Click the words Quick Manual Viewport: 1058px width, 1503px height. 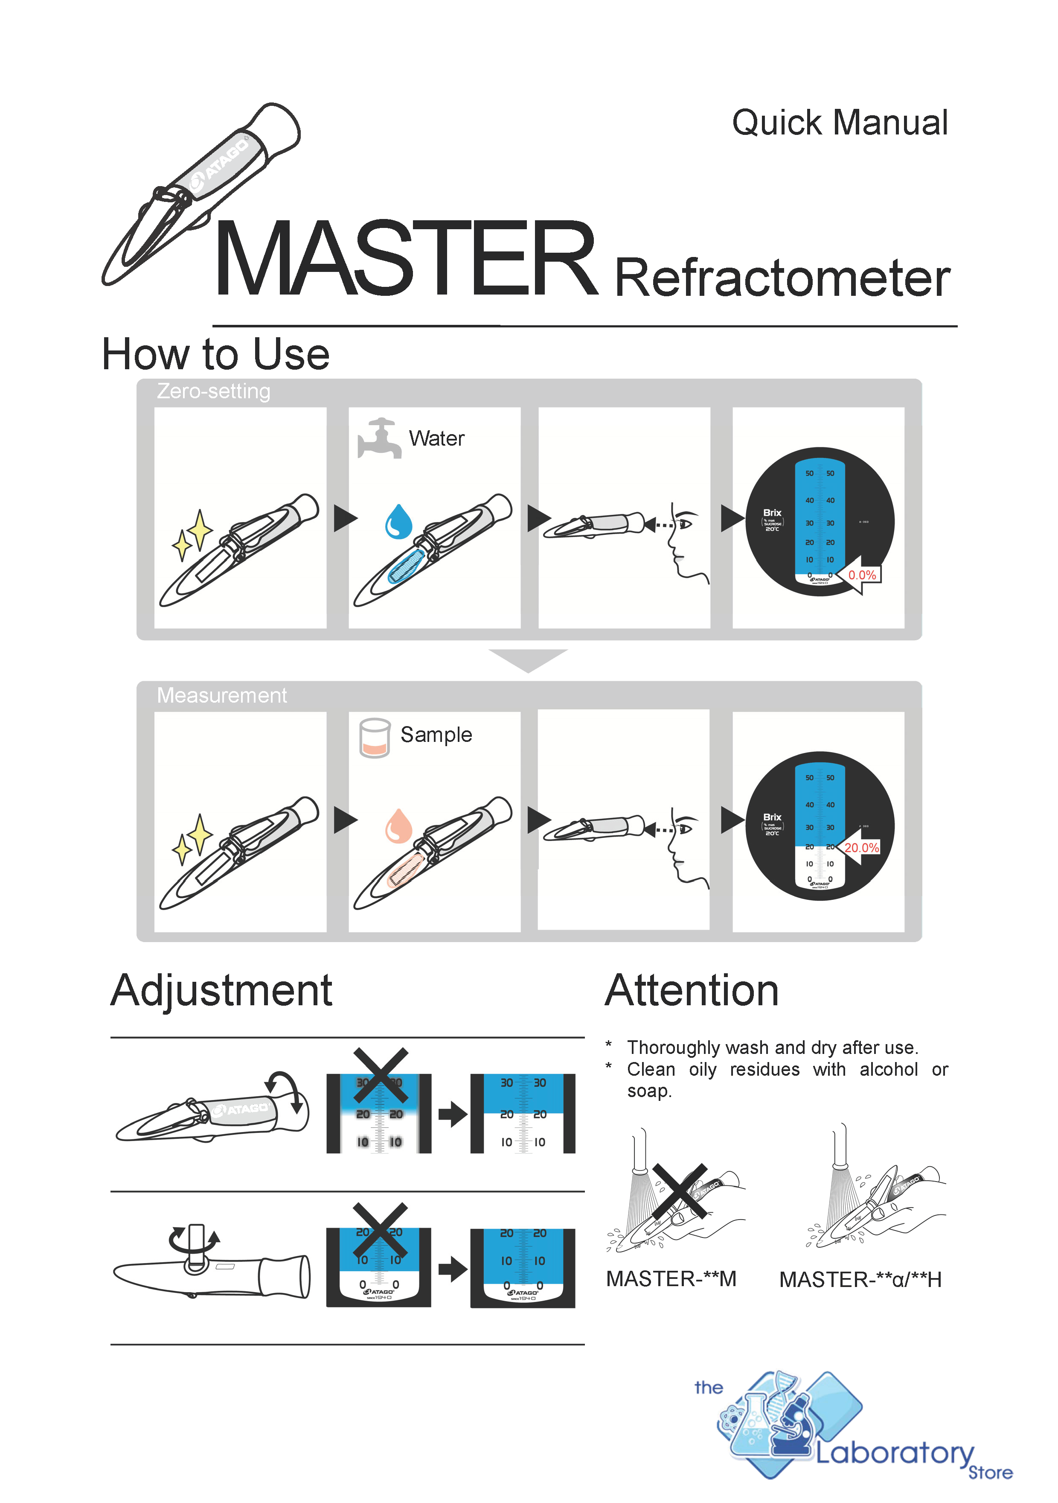click(x=840, y=123)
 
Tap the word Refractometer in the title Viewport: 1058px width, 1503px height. click(x=782, y=279)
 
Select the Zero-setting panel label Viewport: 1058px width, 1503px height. click(x=213, y=391)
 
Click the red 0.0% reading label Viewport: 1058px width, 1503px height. click(x=862, y=575)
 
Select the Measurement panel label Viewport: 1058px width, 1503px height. click(x=222, y=695)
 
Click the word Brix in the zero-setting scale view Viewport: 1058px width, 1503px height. click(x=772, y=513)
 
